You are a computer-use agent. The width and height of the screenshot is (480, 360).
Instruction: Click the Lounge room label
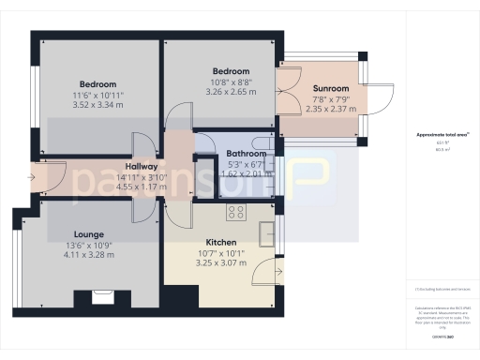(89, 234)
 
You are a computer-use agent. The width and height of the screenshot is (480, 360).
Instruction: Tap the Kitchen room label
(221, 241)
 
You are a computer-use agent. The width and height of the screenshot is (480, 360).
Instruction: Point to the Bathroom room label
(247, 154)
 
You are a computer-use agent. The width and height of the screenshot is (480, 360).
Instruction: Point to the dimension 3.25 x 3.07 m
(221, 262)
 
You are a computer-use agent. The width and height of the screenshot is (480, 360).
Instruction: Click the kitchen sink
(265, 228)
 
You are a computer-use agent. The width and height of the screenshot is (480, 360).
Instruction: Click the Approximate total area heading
(442, 135)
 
